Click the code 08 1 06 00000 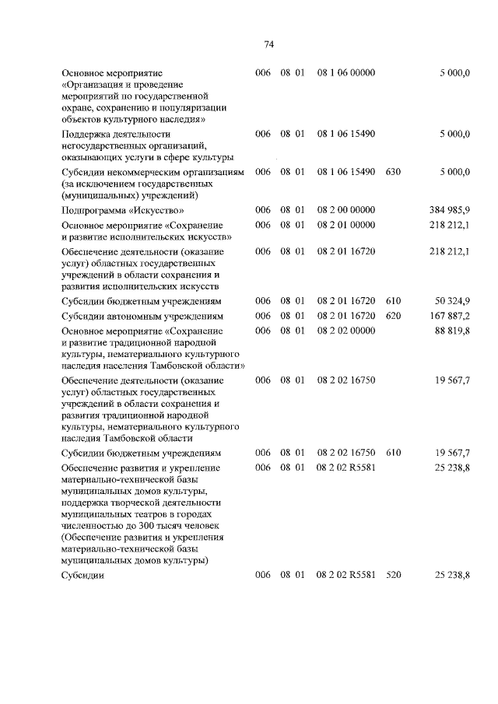pos(346,72)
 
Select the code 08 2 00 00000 pos(346,210)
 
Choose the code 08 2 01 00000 pos(346,225)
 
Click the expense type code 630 pos(392,171)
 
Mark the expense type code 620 pos(392,316)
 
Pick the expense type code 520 pos(392,576)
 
